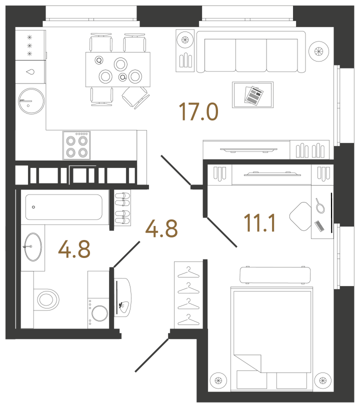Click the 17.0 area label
(x=199, y=111)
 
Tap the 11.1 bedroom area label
(x=260, y=222)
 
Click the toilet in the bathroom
(x=46, y=299)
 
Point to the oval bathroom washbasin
(x=33, y=246)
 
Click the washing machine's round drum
(x=97, y=313)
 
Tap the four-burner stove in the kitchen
(x=76, y=145)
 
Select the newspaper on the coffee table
(x=254, y=94)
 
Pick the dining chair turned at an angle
(x=135, y=96)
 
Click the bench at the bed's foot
(x=275, y=275)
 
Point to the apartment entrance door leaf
(x=152, y=355)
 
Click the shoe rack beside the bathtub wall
(x=122, y=207)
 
